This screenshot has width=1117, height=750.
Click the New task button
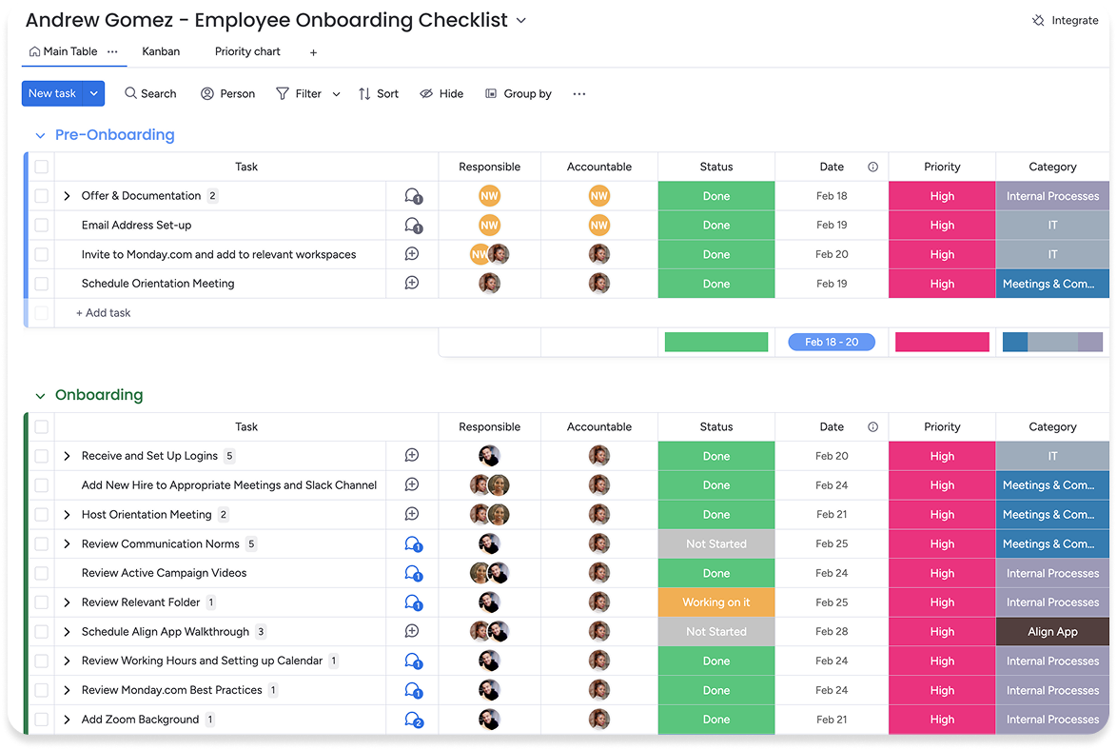(52, 93)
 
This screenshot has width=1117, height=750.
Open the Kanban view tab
(161, 51)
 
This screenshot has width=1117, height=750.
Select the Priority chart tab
(247, 51)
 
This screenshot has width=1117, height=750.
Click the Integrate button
(1066, 20)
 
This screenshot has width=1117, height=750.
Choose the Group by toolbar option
(519, 93)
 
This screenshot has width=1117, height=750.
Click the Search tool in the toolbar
(150, 93)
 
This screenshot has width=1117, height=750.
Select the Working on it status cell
(716, 602)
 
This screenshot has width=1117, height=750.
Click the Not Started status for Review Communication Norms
(716, 544)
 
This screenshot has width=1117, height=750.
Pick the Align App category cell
(1052, 632)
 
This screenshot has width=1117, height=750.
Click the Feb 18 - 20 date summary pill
(832, 342)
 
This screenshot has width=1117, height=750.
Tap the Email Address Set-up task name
(136, 226)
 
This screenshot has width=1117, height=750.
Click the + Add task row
(104, 313)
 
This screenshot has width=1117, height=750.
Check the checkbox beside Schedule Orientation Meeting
(41, 284)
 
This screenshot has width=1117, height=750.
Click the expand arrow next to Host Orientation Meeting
(67, 515)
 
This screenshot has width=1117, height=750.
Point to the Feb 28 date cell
(832, 632)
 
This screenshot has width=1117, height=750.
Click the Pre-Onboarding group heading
(114, 135)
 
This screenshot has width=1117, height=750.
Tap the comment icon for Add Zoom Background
(413, 720)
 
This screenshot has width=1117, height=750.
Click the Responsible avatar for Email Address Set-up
(489, 226)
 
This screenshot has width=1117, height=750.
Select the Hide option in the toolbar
(441, 93)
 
